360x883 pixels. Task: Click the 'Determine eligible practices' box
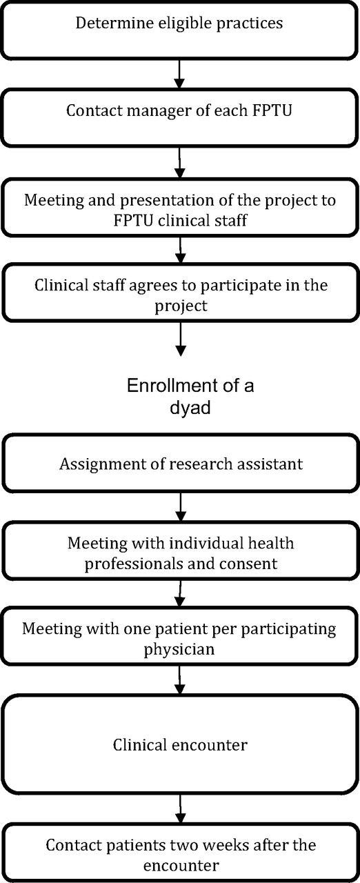[179, 30]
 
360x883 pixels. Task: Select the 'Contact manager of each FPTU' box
[179, 118]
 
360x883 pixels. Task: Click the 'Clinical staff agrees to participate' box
[181, 292]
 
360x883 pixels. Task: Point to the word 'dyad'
[190, 407]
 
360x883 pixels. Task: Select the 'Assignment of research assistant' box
[181, 464]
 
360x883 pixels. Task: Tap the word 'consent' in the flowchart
[248, 564]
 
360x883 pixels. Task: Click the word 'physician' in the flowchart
[179, 650]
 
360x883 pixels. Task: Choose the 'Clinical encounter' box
[181, 744]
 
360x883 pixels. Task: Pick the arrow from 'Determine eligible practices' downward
[179, 74]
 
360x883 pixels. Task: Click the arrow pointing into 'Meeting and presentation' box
[179, 163]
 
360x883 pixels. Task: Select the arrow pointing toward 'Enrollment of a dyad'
[181, 339]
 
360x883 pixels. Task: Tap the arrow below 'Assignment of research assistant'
[181, 507]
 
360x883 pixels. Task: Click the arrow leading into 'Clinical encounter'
[179, 680]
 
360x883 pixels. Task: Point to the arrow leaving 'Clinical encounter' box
[181, 808]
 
